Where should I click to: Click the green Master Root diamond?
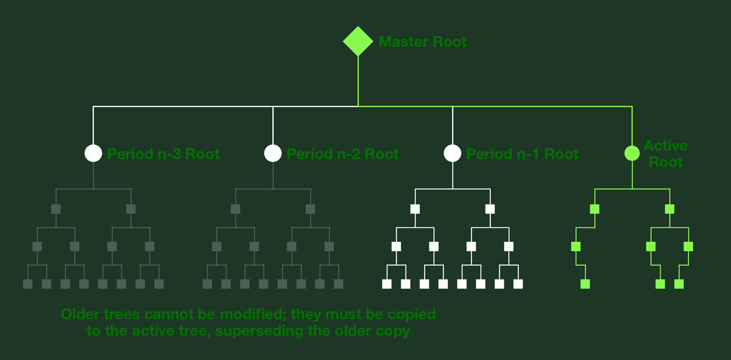358,41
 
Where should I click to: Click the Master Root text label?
423,42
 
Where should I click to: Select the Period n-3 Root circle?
93,153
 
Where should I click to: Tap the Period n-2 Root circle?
273,153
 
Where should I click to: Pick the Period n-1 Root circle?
452,153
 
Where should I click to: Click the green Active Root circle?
632,153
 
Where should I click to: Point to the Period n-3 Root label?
163,154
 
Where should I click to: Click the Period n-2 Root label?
342,154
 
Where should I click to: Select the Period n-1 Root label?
522,154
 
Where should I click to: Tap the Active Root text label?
665,154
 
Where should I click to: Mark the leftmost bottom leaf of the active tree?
585,284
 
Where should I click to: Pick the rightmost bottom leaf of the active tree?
679,284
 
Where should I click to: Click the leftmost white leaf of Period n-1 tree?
386,284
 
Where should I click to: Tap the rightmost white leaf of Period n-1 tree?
518,284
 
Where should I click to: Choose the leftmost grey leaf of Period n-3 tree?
27,284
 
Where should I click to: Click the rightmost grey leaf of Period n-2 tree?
339,284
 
